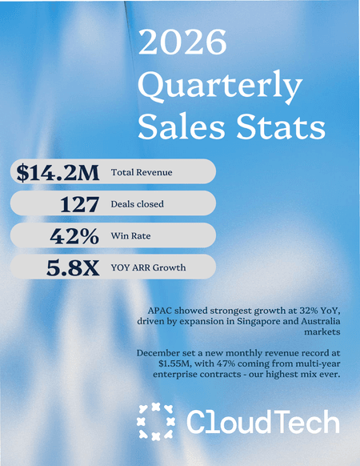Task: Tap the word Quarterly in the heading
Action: coord(222,85)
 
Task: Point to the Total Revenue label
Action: coord(141,172)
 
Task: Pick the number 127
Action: coord(79,204)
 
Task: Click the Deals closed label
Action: coord(138,204)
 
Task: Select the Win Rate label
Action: coord(130,236)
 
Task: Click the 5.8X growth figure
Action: coord(73,267)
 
